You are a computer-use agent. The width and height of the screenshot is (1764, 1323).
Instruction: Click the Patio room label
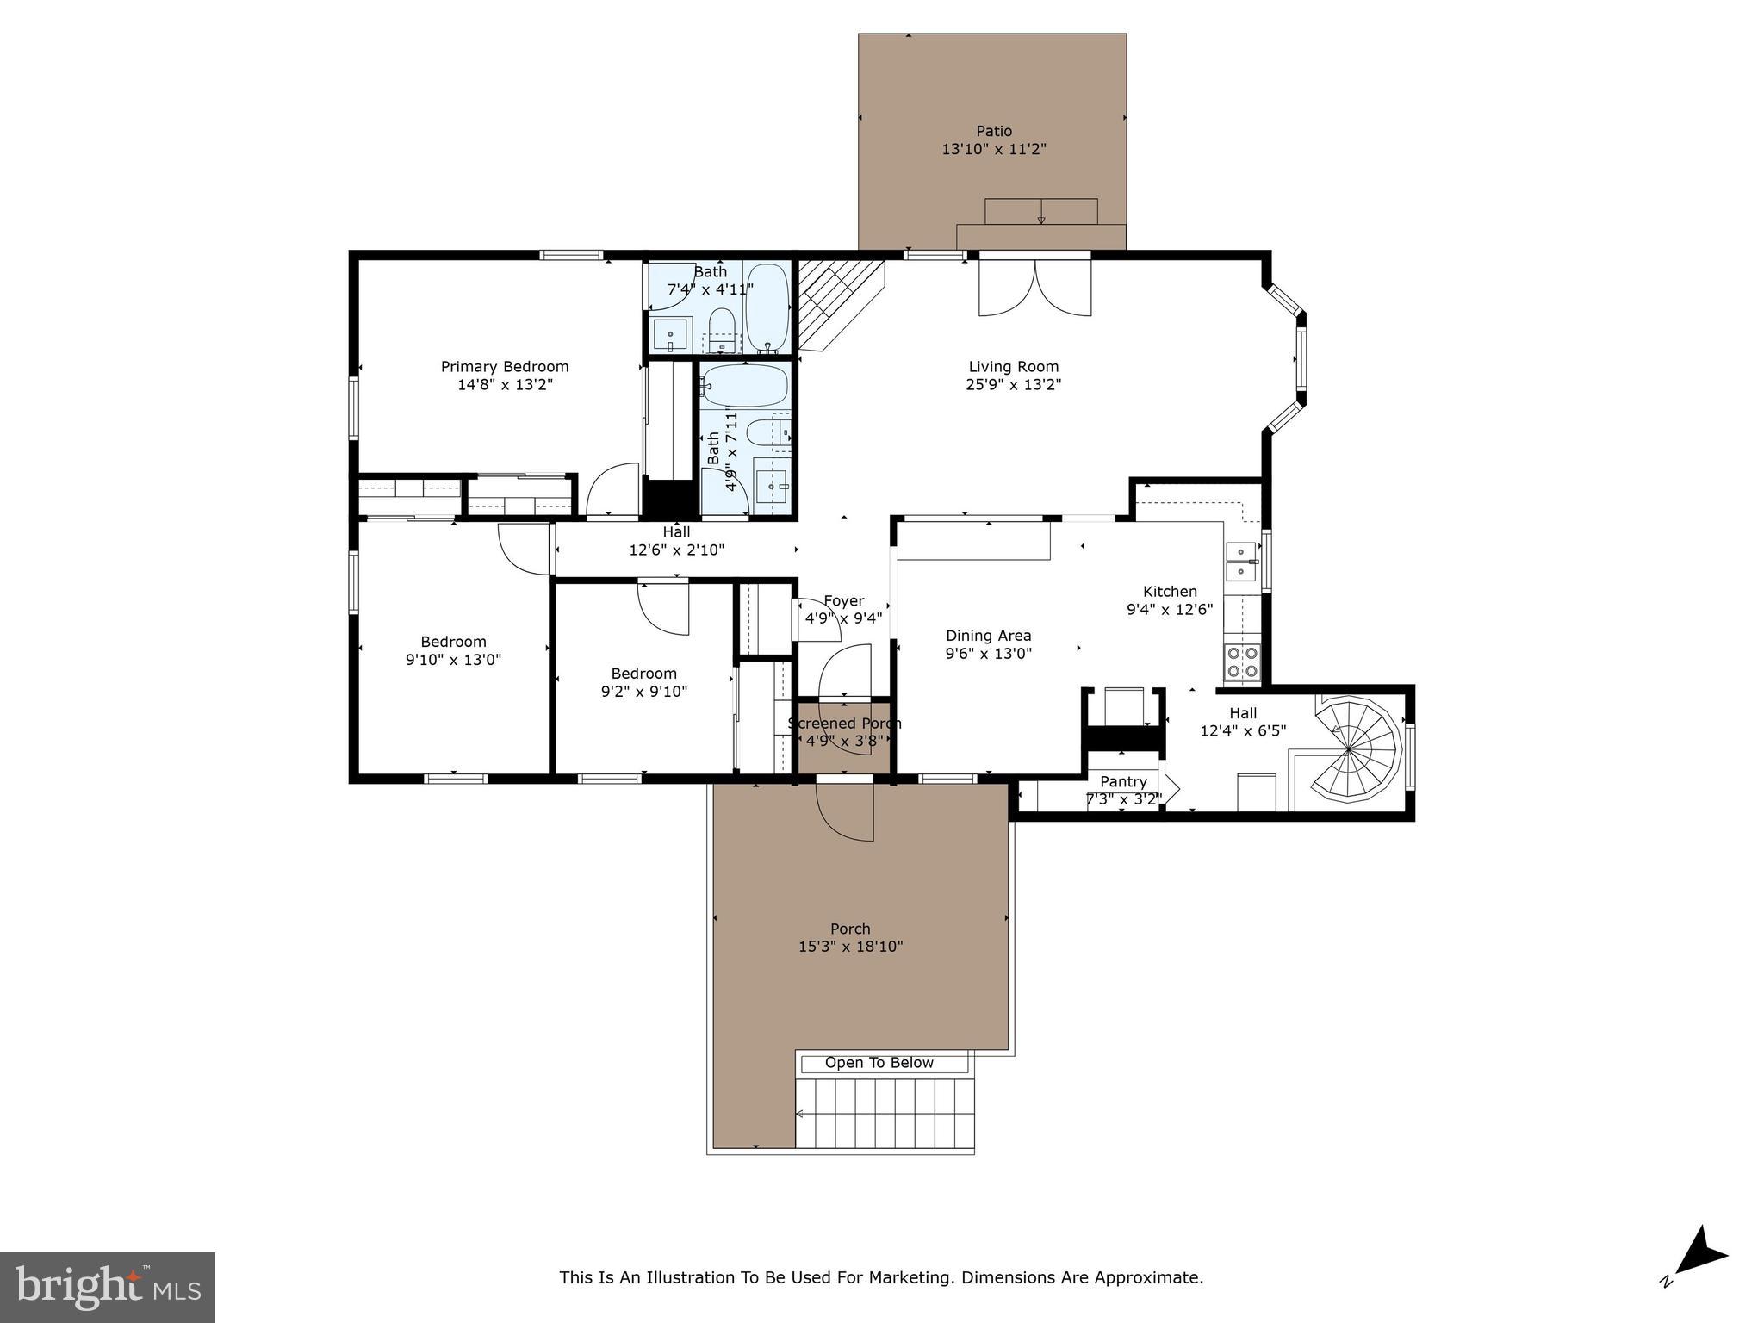tap(993, 131)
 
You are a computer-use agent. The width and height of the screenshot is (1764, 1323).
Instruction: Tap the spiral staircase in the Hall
tap(1355, 749)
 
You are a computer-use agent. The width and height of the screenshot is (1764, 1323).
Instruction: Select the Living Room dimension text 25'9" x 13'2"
tap(1013, 384)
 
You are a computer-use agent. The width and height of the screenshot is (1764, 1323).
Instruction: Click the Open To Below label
tap(879, 1063)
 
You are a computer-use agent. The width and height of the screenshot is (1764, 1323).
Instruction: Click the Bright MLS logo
tap(108, 1288)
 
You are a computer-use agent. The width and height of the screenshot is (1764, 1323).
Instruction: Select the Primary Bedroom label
tap(505, 366)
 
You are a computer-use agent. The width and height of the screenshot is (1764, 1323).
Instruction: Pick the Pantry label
tap(1123, 781)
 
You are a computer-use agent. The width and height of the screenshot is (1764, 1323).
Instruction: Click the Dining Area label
tap(988, 636)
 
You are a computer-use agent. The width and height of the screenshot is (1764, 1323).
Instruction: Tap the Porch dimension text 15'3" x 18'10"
tap(850, 947)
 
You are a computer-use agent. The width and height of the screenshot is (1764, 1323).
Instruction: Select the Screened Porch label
tap(844, 724)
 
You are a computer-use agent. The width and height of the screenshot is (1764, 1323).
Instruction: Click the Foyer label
tap(843, 601)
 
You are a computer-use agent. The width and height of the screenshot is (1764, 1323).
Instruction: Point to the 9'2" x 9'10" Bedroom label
tap(643, 674)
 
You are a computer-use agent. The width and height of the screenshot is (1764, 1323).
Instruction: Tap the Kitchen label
tap(1169, 592)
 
